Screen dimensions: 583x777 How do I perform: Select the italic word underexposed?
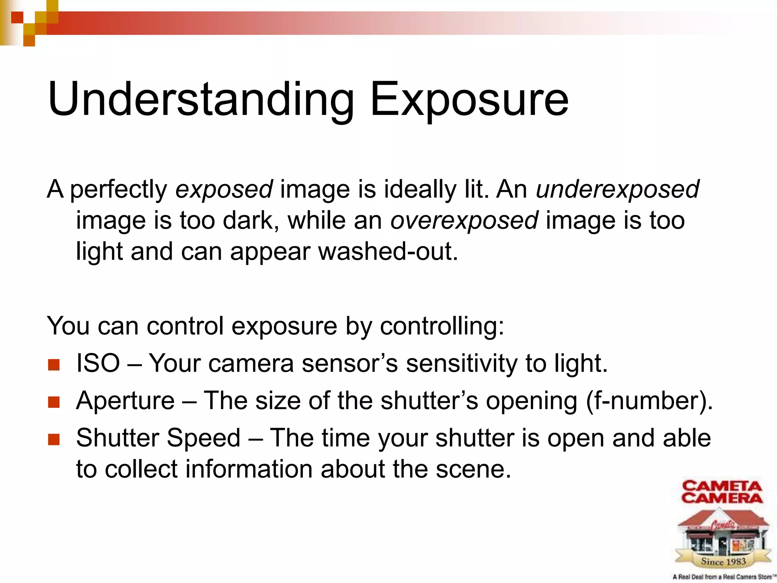617,189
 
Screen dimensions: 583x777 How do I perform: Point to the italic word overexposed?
464,221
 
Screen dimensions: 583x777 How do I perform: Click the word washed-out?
388,252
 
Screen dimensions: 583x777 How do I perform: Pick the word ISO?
98,363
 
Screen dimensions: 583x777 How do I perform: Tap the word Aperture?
125,400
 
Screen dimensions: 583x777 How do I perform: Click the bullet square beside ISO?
54,365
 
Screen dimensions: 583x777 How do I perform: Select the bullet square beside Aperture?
54,402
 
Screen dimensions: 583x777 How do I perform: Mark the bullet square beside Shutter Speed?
54,440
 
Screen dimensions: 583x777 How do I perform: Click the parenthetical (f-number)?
649,401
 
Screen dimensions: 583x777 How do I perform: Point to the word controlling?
442,326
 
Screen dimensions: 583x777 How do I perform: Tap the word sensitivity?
461,363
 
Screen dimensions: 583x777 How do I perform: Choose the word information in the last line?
249,469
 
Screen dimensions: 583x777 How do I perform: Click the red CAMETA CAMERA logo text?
722,492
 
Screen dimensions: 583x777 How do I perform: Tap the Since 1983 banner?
723,561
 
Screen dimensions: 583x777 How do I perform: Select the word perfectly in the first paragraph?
118,189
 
